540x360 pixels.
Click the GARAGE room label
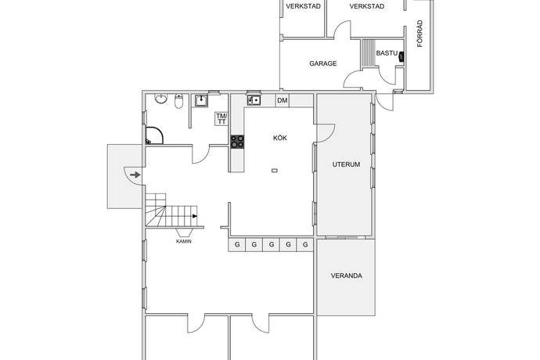322,63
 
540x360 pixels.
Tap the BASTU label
387,53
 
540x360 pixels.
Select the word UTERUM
346,164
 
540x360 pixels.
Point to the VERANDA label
347,275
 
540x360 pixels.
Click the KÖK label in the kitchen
280,138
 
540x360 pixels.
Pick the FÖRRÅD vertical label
419,34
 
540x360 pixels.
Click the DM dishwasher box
283,101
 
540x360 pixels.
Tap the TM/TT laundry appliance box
221,119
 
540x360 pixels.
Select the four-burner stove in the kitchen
237,142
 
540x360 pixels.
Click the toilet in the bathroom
178,101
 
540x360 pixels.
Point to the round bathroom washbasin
161,99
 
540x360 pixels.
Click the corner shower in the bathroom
153,135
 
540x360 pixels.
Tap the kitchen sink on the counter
254,100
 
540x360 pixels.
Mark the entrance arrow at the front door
135,175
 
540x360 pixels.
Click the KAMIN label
184,242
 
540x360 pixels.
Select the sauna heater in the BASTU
401,56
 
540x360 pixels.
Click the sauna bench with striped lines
368,54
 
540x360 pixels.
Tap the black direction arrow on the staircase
195,216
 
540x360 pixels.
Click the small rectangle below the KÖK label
275,170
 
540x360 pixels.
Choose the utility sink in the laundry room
201,101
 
